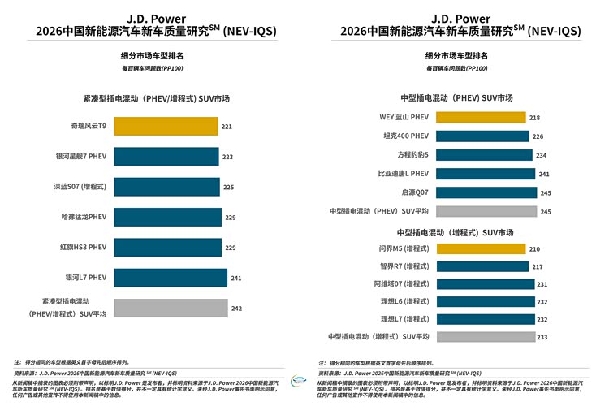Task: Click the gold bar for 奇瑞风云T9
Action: coord(166,127)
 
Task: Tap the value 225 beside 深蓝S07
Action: coord(229,187)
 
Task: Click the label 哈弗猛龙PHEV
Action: coord(84,217)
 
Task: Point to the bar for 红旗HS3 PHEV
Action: coord(166,247)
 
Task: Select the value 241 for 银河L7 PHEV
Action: coord(235,277)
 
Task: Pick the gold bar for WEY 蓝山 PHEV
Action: coord(480,118)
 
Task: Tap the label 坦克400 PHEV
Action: coord(405,136)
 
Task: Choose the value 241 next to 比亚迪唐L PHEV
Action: coord(544,174)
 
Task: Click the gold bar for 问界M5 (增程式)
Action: coord(479,249)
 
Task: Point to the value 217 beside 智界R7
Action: coord(538,266)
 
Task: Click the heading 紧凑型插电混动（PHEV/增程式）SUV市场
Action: coord(156,98)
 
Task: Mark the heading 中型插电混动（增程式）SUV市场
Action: coord(456,232)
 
